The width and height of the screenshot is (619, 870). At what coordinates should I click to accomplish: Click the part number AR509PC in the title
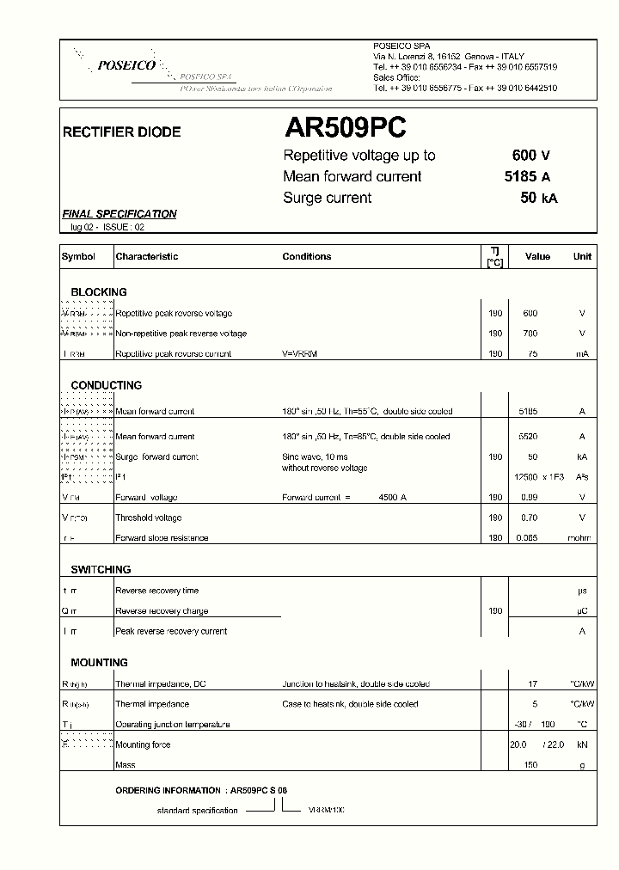pyautogui.click(x=345, y=129)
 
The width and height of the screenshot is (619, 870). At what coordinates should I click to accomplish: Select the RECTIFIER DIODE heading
pyautogui.click(x=122, y=132)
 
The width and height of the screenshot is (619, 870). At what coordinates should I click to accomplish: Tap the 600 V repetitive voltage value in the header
pyautogui.click(x=530, y=156)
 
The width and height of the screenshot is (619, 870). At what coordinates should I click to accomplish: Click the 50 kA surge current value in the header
pyautogui.click(x=539, y=198)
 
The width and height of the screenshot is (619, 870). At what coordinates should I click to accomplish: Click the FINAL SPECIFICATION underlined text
pyautogui.click(x=120, y=214)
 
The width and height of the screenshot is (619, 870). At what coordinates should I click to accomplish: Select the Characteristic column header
pyautogui.click(x=147, y=256)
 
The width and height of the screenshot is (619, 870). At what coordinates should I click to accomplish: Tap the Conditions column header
pyautogui.click(x=306, y=256)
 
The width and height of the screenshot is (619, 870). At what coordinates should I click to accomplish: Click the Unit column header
pyautogui.click(x=582, y=256)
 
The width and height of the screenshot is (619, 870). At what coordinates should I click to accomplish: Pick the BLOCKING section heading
pyautogui.click(x=99, y=292)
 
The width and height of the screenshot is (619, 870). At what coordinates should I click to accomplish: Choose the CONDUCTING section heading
pyautogui.click(x=107, y=385)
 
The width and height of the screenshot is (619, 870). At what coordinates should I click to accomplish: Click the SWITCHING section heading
pyautogui.click(x=101, y=569)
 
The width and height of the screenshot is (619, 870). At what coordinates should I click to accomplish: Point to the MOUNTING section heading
pyautogui.click(x=99, y=662)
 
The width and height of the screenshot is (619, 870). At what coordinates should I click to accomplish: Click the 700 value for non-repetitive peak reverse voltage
pyautogui.click(x=530, y=334)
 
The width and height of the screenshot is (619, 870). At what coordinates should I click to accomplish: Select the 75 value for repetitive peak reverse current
pyautogui.click(x=532, y=353)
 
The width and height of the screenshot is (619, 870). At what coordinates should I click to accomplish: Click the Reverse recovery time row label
pyautogui.click(x=156, y=591)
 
